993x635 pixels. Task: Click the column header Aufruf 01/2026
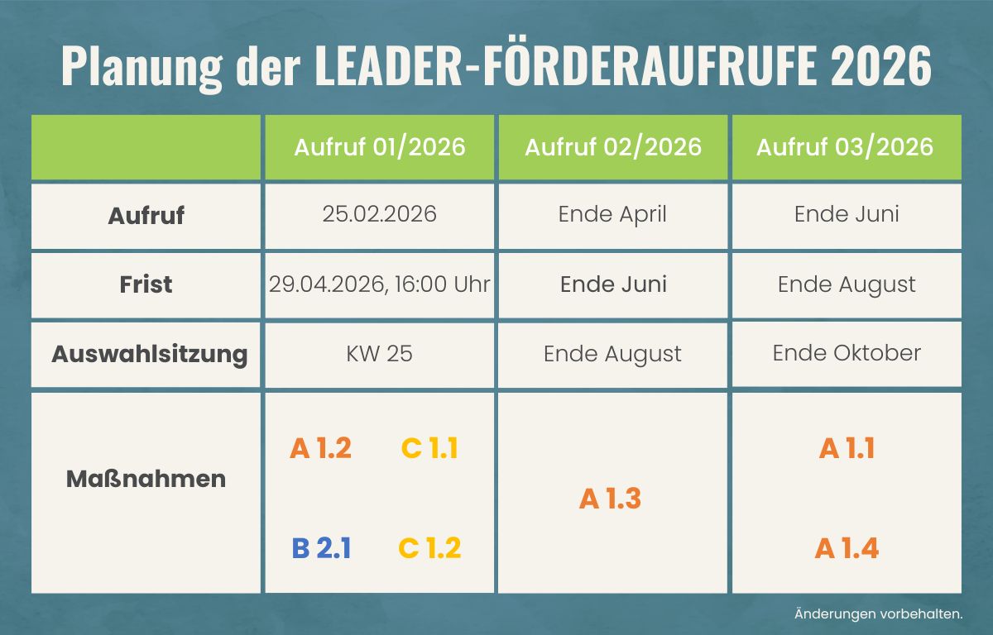coord(380,147)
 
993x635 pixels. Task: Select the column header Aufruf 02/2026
coord(612,147)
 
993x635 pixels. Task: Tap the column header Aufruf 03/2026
coord(845,147)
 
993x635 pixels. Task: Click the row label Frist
coord(146,284)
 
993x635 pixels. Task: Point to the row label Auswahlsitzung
coord(149,355)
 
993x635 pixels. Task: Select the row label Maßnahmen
coord(146,479)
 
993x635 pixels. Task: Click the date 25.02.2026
coord(379,215)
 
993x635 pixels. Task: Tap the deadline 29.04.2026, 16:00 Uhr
coord(379,284)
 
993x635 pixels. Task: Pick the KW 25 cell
coord(379,355)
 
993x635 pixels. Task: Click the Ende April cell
coord(612,215)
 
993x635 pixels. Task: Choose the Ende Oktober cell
coord(847,353)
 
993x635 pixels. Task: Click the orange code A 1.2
coord(321,448)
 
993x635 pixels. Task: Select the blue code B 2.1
coord(321,548)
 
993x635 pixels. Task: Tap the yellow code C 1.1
coord(429,448)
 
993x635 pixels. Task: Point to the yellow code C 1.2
coord(429,548)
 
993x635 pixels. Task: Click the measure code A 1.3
coord(611,499)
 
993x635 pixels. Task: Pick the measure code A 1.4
coord(847,548)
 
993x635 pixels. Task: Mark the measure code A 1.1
coord(847,448)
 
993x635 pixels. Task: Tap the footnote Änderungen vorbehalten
coord(878,614)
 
